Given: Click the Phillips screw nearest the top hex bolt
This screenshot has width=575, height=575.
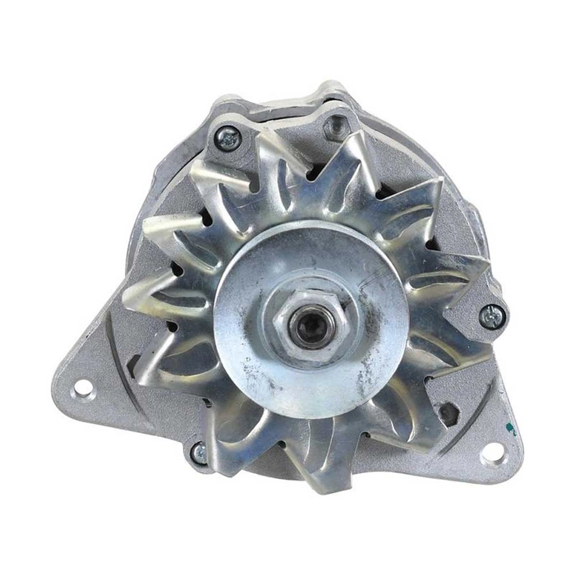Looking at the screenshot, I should (228, 138).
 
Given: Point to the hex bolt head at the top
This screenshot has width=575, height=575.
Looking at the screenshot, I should (334, 127).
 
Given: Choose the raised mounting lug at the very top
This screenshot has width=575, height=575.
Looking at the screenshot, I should (333, 92).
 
